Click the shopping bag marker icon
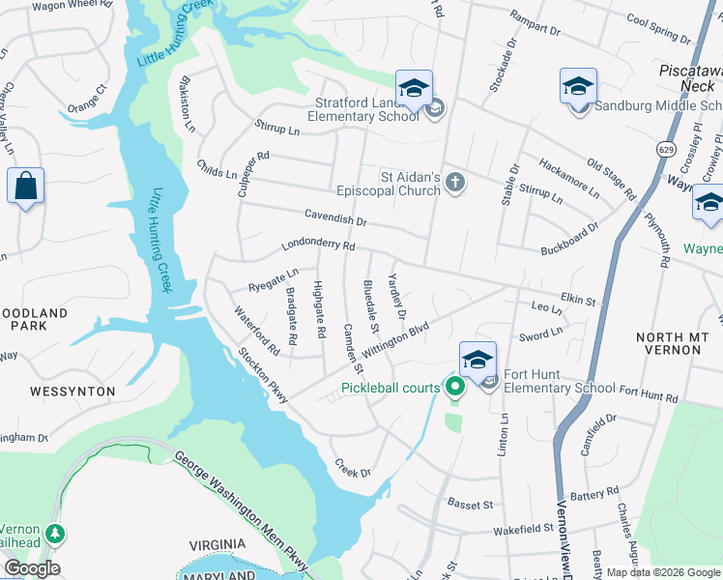pos(25,185)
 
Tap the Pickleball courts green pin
pos(455,389)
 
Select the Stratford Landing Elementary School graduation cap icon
pos(414,89)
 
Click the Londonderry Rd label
pos(318,246)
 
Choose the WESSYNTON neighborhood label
pos(72,391)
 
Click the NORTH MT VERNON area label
pos(673,344)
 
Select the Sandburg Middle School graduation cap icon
pos(578,87)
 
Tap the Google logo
pos(32,568)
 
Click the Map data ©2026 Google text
pos(663,572)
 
